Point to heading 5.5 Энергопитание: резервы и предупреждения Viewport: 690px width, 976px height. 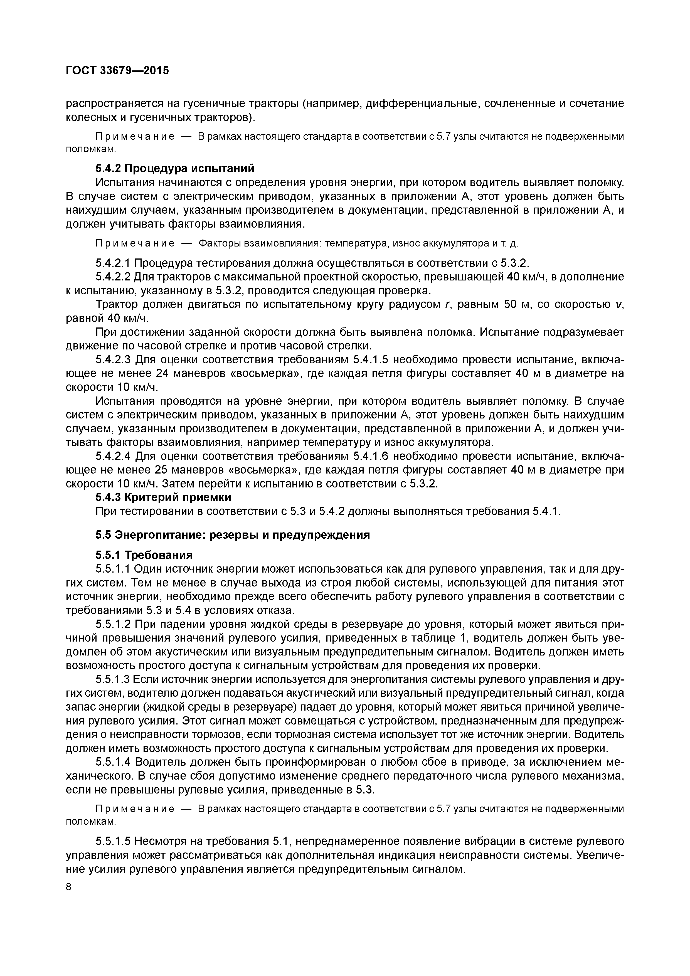click(233, 535)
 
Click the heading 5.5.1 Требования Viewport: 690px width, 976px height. click(144, 555)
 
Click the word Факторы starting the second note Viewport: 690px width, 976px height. click(217, 243)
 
